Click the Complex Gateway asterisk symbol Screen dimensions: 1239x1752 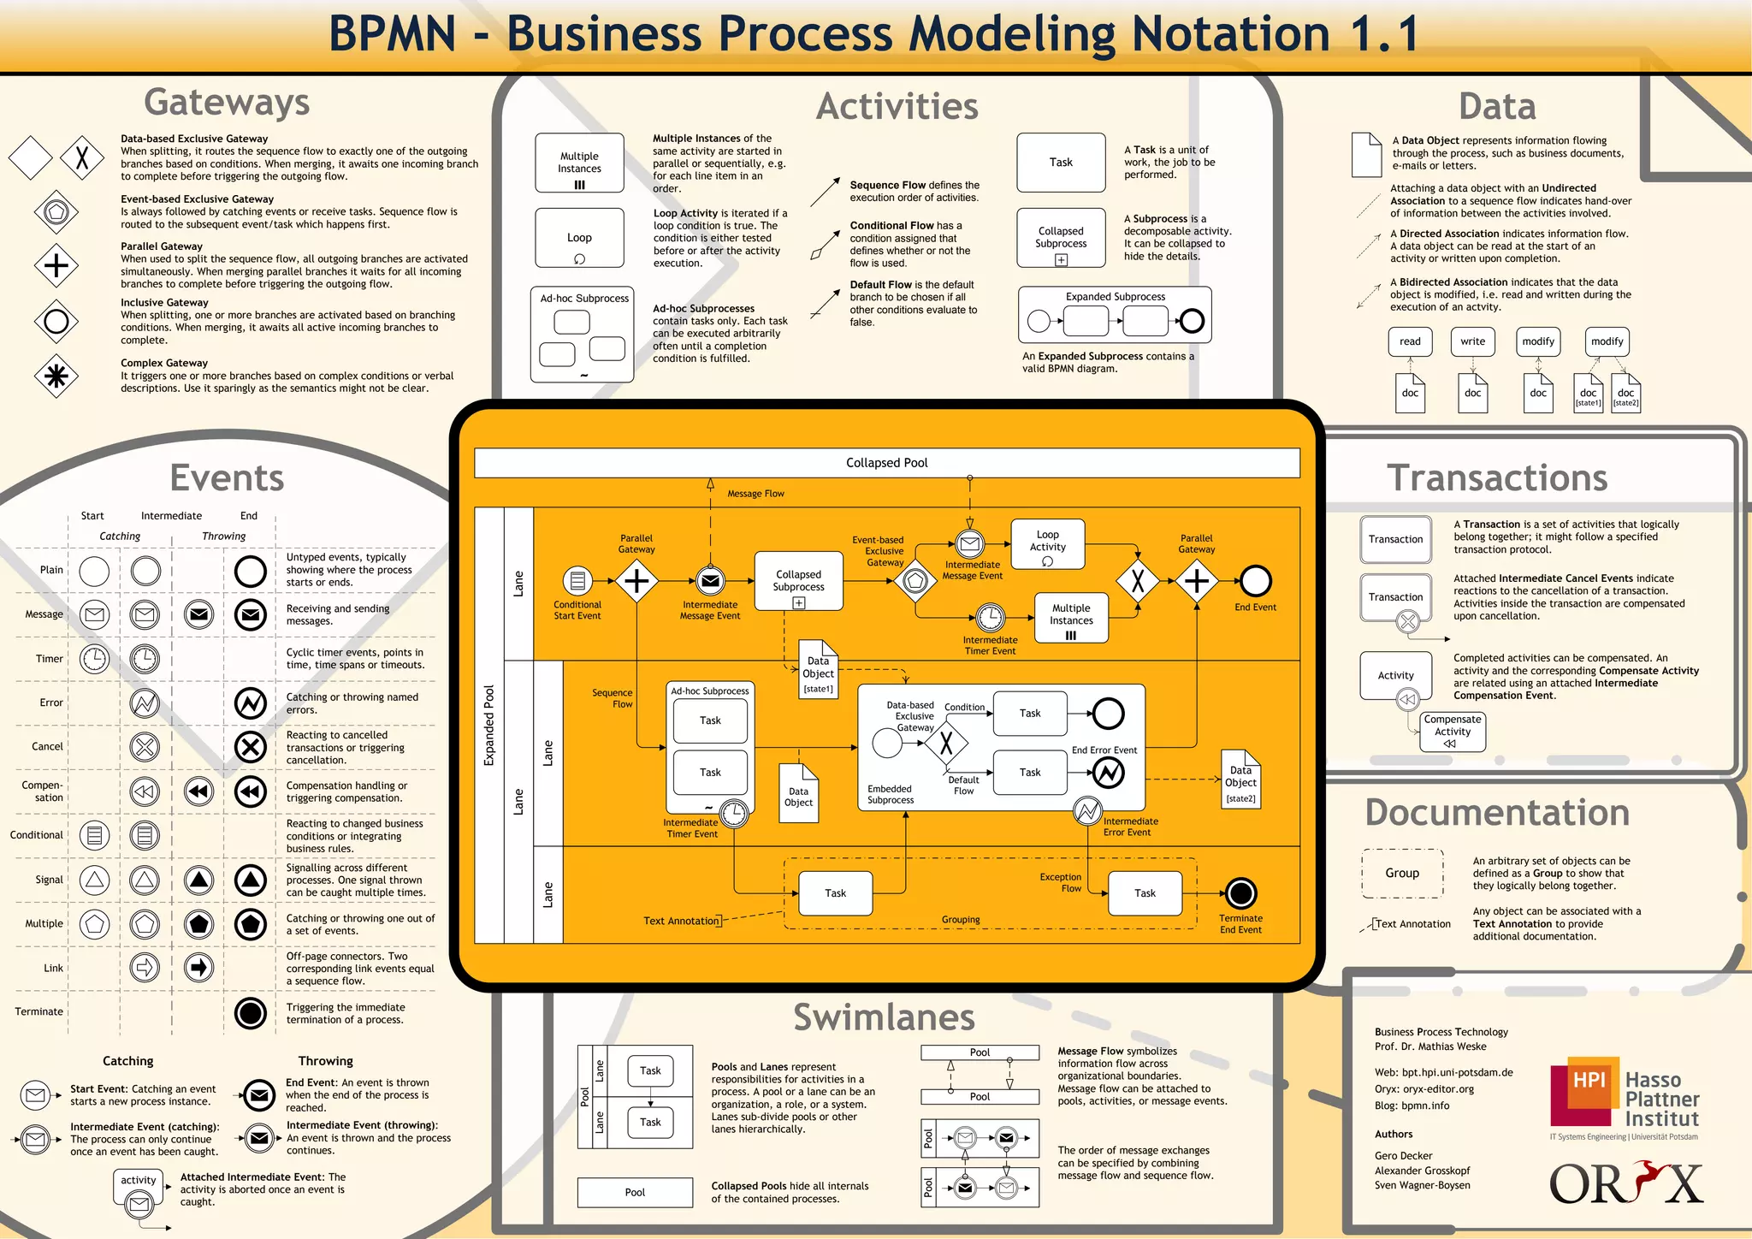[56, 376]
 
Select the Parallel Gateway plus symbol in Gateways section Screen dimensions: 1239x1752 [56, 265]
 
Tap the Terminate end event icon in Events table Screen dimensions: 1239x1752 [251, 1013]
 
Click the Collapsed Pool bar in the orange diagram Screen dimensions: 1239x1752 [886, 463]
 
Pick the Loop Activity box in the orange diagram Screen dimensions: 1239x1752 [1047, 544]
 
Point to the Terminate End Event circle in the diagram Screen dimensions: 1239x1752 [1240, 893]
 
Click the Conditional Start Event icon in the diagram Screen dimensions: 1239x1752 [577, 581]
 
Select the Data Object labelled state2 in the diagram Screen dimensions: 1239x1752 [1240, 779]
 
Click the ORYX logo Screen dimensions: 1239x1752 [1625, 1184]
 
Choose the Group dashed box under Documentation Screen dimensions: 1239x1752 [1402, 874]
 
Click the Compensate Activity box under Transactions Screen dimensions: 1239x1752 [1453, 732]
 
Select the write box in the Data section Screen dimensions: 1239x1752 [1472, 341]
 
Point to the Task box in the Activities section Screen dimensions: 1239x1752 [1061, 163]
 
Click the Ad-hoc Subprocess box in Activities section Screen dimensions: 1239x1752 [582, 335]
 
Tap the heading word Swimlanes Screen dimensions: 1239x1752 [884, 1017]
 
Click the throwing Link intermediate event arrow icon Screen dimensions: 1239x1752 [198, 968]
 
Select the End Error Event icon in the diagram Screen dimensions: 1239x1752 [1108, 774]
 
